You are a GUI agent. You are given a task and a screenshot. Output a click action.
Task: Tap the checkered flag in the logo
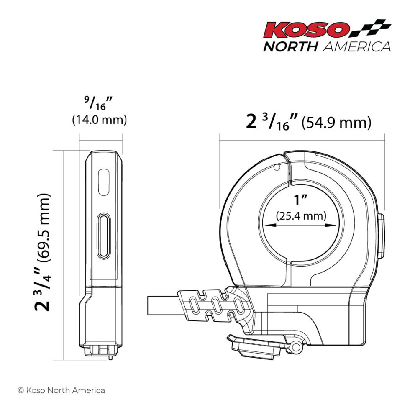371,28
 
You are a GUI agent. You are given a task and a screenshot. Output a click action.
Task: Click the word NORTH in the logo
290,46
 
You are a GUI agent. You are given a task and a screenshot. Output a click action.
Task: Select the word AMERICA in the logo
356,46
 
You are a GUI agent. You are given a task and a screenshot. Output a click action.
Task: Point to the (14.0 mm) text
99,120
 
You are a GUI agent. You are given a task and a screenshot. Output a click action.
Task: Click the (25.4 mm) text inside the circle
301,216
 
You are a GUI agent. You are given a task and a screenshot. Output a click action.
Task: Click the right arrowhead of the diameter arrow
333,225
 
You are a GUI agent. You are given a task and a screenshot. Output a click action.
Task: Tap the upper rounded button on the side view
103,182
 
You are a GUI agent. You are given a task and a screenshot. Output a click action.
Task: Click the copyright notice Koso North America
61,390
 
